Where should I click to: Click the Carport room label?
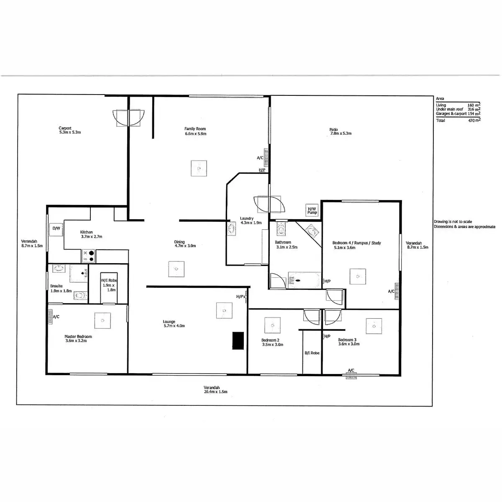[65, 128]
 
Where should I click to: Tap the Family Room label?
[195, 129]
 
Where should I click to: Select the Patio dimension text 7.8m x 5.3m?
[340, 133]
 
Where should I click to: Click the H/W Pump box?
[312, 210]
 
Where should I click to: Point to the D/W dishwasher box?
[56, 229]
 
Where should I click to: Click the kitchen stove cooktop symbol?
[89, 256]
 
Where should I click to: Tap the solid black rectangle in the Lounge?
[238, 341]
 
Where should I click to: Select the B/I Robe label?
[312, 353]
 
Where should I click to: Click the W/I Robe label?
[109, 280]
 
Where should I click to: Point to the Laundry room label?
[247, 218]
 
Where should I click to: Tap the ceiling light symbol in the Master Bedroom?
[102, 320]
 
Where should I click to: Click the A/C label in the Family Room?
[260, 158]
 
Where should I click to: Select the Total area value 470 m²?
[474, 120]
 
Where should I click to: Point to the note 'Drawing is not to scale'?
[453, 222]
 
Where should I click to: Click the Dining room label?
[179, 242]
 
